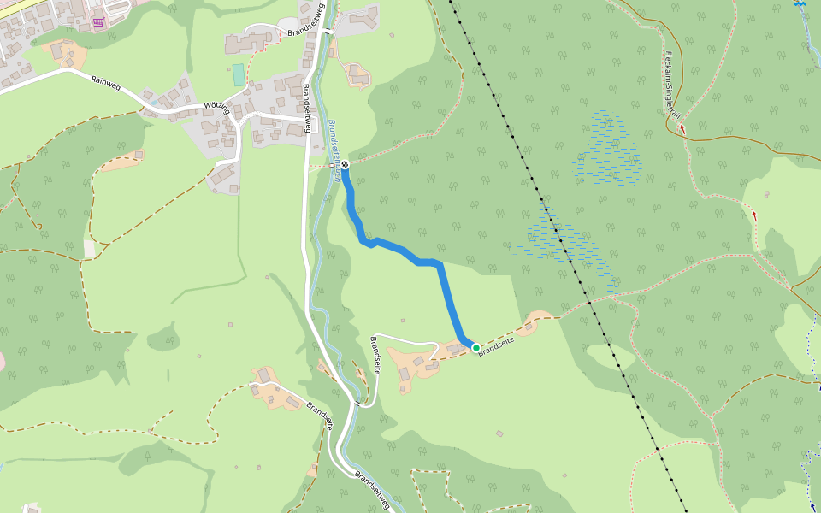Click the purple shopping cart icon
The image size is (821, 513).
(98, 22)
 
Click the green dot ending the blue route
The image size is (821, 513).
(475, 347)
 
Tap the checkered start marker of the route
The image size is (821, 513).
(345, 163)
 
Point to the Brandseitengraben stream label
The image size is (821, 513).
(336, 150)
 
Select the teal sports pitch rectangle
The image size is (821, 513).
(238, 74)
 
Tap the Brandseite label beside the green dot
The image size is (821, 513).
(495, 345)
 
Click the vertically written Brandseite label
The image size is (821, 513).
(375, 356)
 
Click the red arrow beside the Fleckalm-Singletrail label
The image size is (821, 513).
(682, 128)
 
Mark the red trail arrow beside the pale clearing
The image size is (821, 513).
(754, 214)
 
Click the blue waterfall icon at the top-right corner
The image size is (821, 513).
(800, 4)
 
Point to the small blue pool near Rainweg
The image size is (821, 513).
(153, 101)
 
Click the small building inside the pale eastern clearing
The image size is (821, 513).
(766, 195)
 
